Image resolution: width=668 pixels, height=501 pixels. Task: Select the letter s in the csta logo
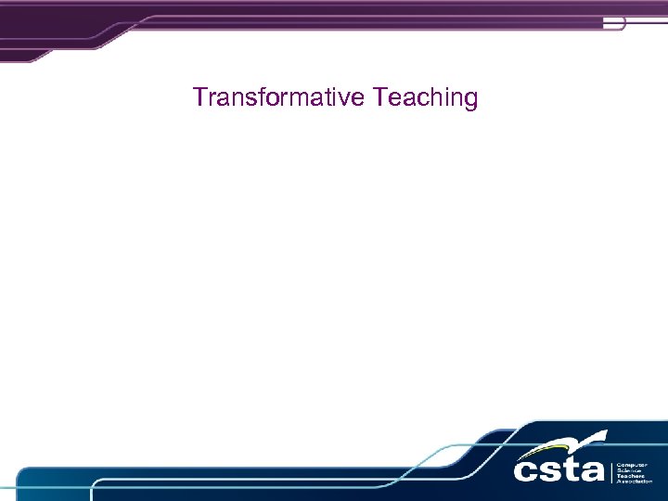[x=553, y=469]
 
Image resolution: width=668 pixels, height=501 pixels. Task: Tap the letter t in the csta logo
[x=572, y=468]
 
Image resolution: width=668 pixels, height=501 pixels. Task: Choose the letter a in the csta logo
[x=593, y=469]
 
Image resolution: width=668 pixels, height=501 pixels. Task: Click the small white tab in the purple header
[x=613, y=23]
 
